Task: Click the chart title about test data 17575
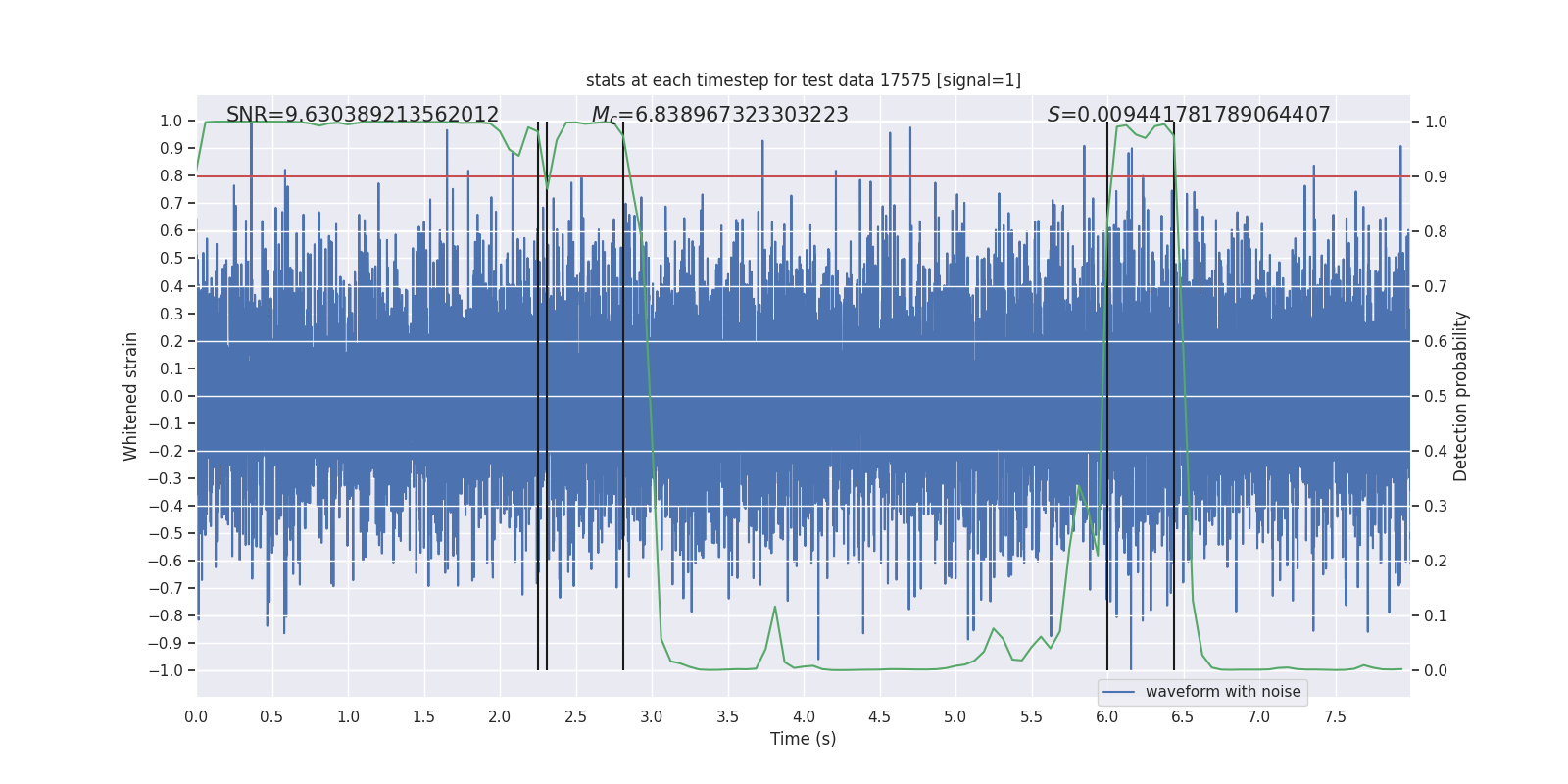tap(803, 80)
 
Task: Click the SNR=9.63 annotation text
tap(363, 115)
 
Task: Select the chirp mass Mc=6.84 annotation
tap(719, 115)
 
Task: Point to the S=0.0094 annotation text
tap(1188, 115)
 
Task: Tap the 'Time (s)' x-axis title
tap(803, 739)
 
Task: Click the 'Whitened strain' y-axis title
tap(131, 396)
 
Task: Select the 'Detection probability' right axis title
tap(1461, 396)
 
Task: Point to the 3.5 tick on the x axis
tap(727, 717)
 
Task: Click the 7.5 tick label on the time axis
tap(1335, 717)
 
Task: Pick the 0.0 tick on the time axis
tap(196, 717)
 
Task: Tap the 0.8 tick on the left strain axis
tap(171, 176)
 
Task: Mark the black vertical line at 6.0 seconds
tap(1107, 392)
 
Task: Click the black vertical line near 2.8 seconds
tap(623, 392)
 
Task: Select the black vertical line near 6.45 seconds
tap(1174, 392)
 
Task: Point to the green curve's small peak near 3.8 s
tap(775, 607)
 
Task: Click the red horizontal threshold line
tap(882, 176)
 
